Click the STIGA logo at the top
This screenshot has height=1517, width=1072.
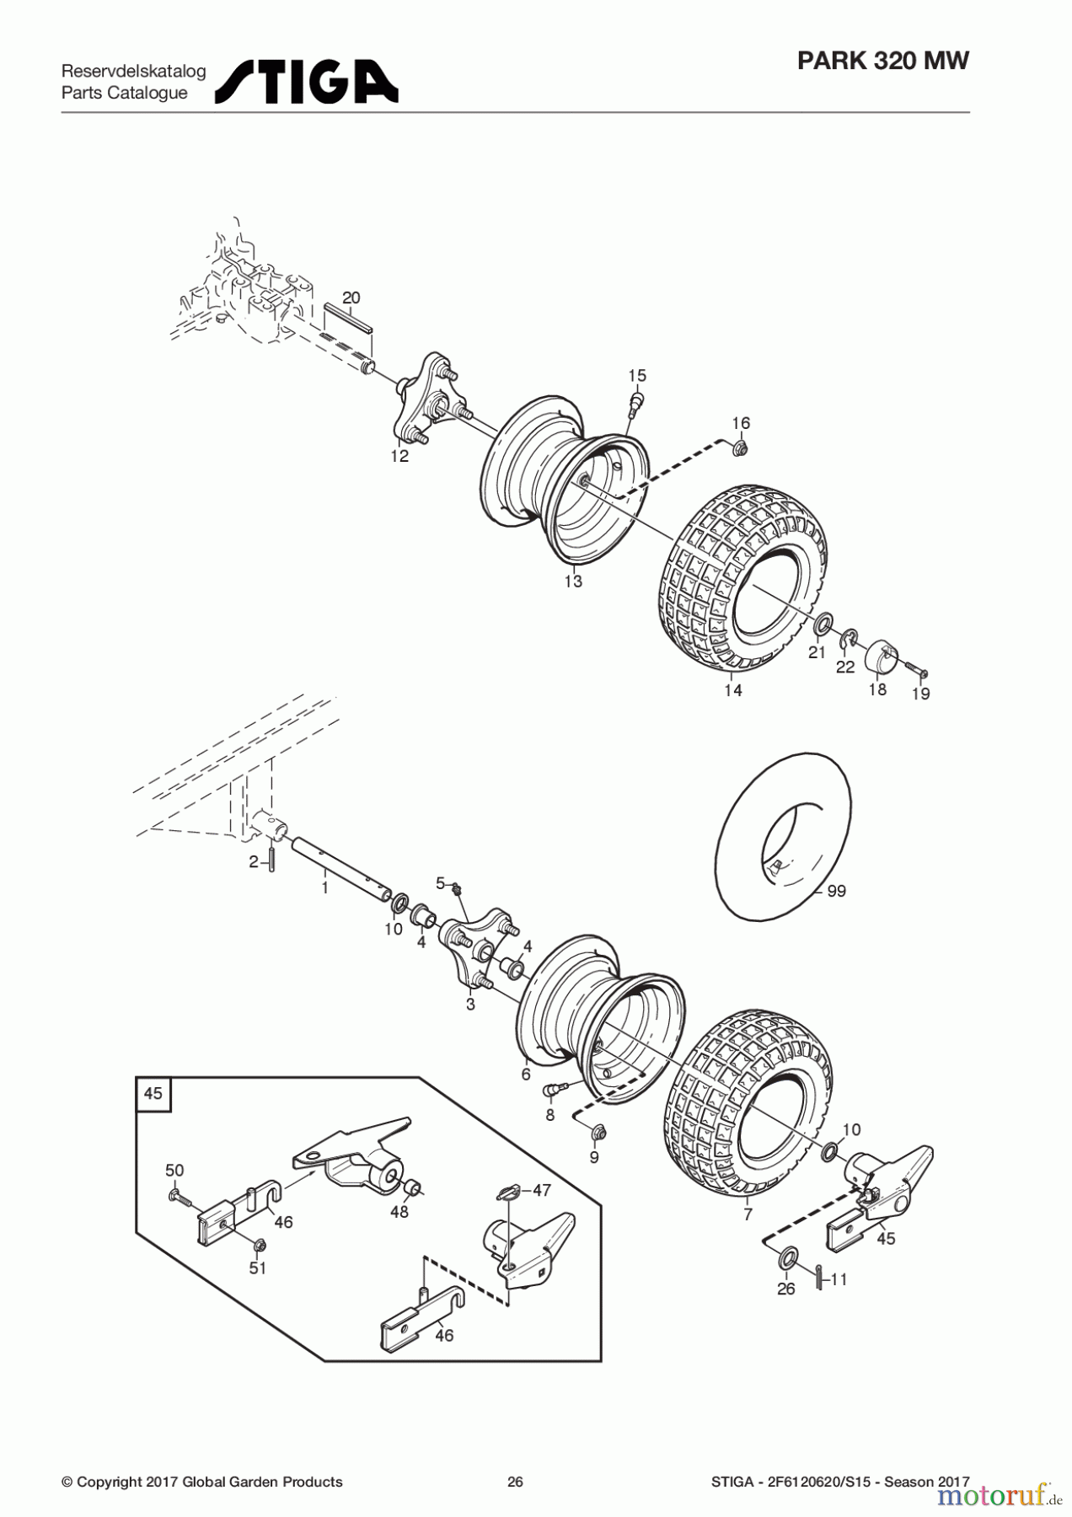coord(307,82)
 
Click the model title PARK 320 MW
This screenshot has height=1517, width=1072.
coord(883,61)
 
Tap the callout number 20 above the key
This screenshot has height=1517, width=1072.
coord(351,298)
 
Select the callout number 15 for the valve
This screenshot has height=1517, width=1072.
coord(637,375)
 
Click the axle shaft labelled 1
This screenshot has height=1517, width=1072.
coord(342,866)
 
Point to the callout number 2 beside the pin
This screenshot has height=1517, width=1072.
coord(253,862)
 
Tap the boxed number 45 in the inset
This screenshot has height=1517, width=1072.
coord(153,1093)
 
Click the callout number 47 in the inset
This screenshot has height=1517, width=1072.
coord(541,1190)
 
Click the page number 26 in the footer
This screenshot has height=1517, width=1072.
coord(515,1482)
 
